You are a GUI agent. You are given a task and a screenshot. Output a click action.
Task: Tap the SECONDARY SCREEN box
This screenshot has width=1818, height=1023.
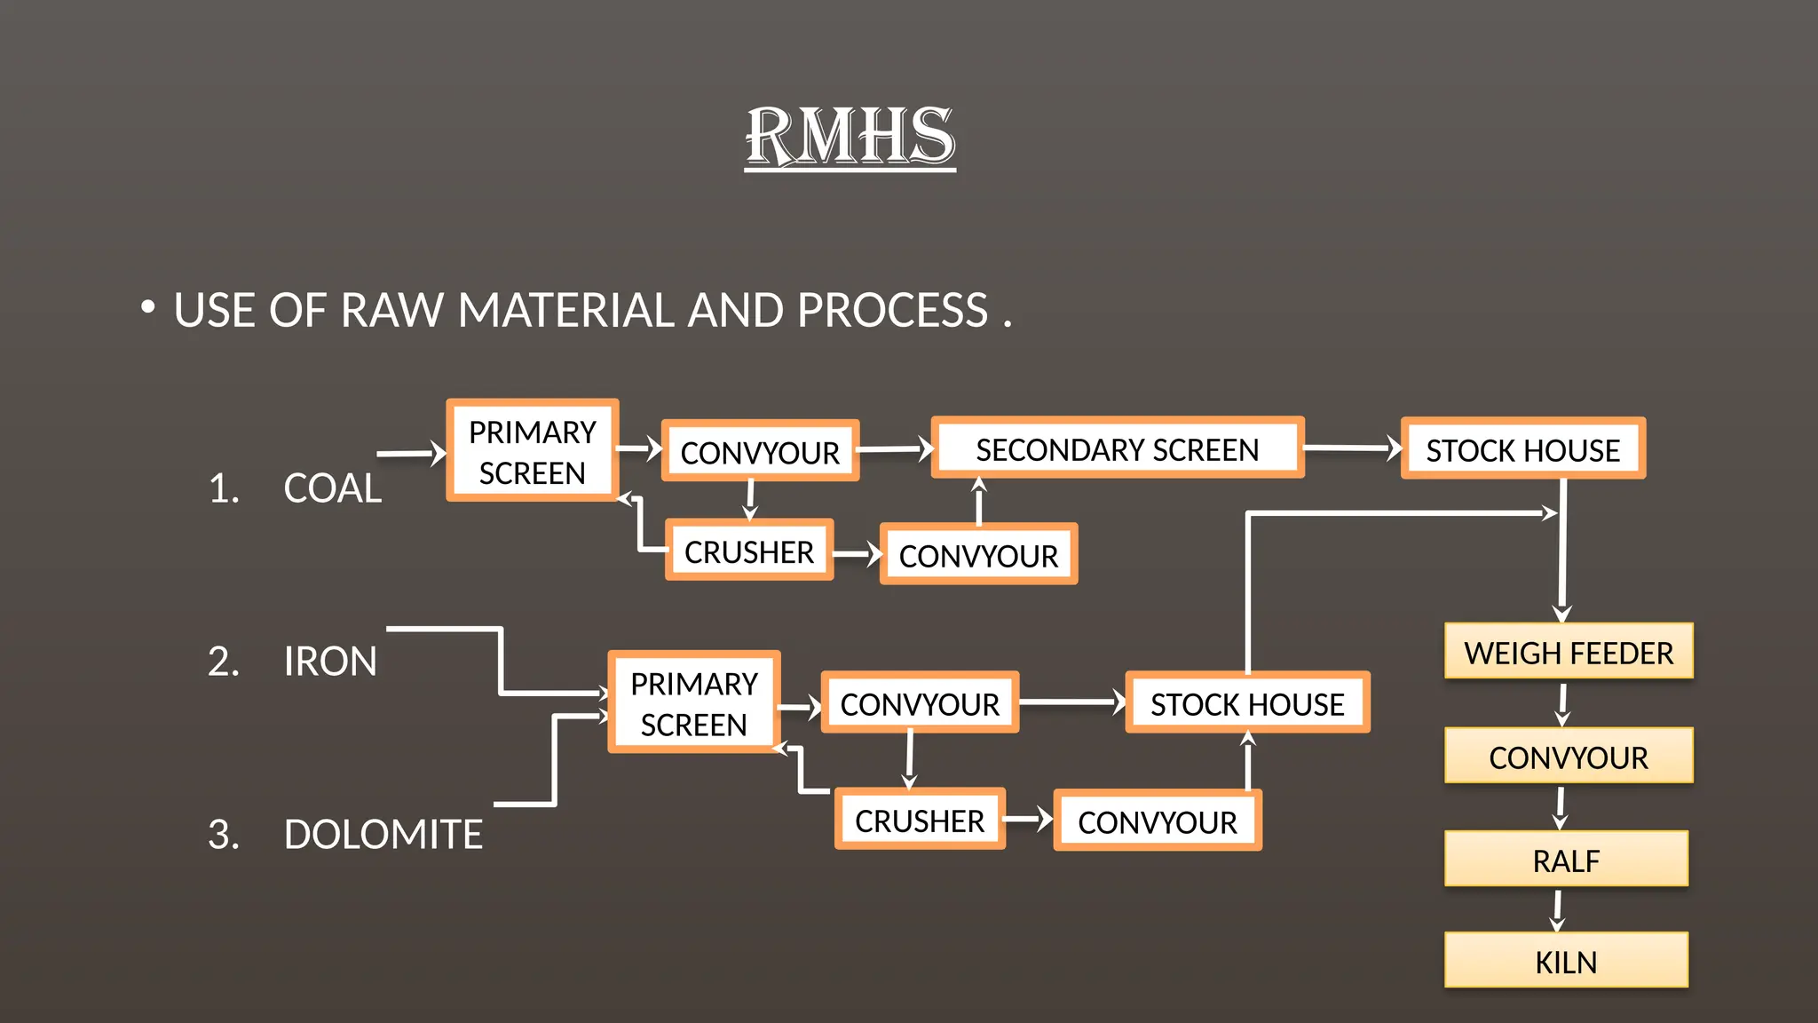pos(1117,448)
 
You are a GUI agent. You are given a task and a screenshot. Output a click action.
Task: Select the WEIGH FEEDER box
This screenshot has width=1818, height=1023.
pos(1568,652)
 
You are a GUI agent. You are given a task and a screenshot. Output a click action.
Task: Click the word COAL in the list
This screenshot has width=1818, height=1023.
pos(332,488)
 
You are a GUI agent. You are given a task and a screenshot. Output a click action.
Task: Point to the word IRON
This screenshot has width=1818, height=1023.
pos(330,662)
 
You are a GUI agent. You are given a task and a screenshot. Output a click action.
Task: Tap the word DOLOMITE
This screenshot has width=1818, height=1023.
pos(383,835)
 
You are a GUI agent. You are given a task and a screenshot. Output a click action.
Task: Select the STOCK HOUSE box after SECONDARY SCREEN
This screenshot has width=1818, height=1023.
pos(1522,449)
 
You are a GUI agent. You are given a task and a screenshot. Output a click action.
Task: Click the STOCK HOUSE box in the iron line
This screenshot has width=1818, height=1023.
pos(1246,703)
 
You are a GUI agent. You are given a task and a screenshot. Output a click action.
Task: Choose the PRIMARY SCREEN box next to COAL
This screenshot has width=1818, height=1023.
pos(532,451)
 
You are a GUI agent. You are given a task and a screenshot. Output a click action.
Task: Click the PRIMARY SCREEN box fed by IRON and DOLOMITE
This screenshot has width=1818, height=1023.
pos(693,703)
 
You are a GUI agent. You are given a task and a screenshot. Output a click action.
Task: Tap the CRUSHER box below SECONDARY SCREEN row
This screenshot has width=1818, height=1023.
pos(748,551)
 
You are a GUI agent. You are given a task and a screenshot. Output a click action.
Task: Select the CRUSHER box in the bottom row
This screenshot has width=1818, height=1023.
pos(919,820)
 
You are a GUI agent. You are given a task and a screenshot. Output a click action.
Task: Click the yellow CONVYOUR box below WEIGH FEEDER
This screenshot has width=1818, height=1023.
pos(1568,757)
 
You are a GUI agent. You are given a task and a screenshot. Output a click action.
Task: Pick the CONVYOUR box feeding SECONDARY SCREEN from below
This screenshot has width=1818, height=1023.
pos(977,555)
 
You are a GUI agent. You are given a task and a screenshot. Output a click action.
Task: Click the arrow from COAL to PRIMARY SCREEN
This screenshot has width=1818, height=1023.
pos(411,454)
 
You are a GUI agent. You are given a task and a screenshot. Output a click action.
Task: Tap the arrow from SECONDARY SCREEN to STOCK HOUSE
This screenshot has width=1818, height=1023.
pos(1351,448)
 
